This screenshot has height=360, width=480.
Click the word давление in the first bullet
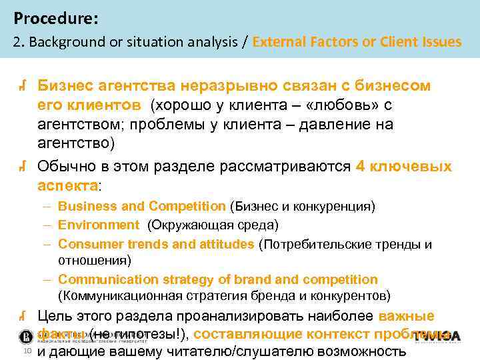(340, 124)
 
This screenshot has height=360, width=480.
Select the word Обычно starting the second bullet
(64, 166)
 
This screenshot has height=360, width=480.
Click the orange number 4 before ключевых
(361, 166)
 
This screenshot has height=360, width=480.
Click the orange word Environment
(99, 225)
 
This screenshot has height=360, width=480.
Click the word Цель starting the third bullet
(55, 316)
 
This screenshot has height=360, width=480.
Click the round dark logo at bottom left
(27, 335)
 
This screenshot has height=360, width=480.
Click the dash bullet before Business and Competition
(49, 207)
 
